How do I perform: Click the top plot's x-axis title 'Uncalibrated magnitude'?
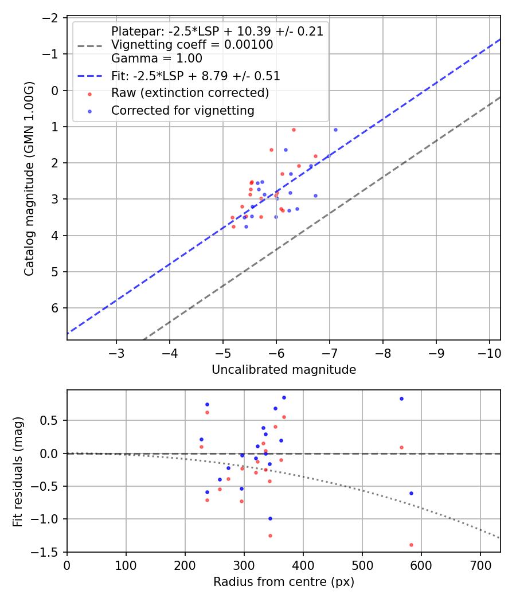click(284, 370)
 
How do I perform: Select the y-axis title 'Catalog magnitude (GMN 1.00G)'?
click(29, 178)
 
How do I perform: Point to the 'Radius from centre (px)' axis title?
click(284, 582)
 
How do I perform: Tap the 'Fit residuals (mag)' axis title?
click(18, 471)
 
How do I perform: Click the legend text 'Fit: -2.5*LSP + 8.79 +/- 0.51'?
click(196, 76)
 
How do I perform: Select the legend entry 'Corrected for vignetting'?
click(183, 110)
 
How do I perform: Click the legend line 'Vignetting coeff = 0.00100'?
click(192, 45)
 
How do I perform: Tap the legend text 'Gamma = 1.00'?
click(157, 58)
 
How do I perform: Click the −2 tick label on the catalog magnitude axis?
click(51, 18)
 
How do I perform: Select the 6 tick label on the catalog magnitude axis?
click(55, 308)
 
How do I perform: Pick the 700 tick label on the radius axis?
click(480, 565)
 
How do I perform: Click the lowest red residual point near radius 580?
click(411, 545)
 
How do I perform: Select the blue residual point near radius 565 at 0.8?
click(401, 398)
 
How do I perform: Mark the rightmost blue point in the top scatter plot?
click(335, 130)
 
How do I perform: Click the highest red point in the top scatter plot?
click(294, 130)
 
